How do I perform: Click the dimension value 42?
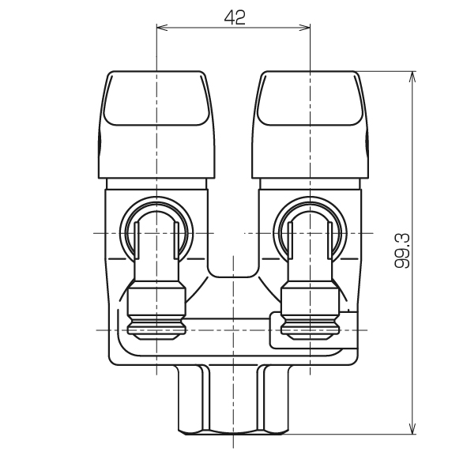coord(235,17)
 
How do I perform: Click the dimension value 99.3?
coord(402,251)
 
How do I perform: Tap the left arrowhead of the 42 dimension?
coord(162,28)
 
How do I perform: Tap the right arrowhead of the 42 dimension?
coord(305,28)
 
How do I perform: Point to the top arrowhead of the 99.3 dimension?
coord(412,77)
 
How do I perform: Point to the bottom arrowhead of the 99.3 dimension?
coord(412,428)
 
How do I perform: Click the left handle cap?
coord(156,125)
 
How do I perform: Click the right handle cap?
coord(311,125)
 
